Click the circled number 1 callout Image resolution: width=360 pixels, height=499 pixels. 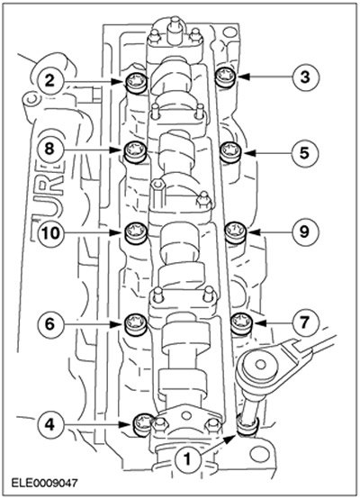(187, 458)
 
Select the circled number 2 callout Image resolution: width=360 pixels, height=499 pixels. (49, 81)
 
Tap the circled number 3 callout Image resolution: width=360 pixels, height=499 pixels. (305, 77)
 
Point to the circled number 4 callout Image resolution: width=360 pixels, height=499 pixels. (49, 424)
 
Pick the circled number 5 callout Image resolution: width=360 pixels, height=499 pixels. (305, 153)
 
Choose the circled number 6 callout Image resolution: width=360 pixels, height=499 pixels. (49, 324)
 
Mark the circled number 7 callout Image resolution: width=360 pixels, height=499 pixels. (305, 323)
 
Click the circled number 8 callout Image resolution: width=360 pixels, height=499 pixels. (49, 149)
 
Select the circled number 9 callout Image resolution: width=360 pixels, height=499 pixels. (305, 232)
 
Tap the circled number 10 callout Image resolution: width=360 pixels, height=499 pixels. (51, 233)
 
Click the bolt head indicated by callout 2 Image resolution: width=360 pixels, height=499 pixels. (136, 83)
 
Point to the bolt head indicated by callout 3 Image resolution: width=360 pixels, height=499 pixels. (226, 77)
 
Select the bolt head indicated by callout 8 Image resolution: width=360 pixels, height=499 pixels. (135, 152)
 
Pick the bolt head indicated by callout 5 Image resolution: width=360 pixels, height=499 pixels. (231, 152)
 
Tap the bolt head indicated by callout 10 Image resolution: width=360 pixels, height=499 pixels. (136, 232)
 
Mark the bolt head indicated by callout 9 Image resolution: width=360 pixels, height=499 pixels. (236, 231)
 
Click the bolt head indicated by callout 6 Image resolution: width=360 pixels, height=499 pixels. (136, 324)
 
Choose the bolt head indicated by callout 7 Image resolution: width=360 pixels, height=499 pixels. (242, 323)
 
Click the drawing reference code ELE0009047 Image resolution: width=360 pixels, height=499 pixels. (44, 484)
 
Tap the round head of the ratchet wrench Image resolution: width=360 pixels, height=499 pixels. (261, 365)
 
